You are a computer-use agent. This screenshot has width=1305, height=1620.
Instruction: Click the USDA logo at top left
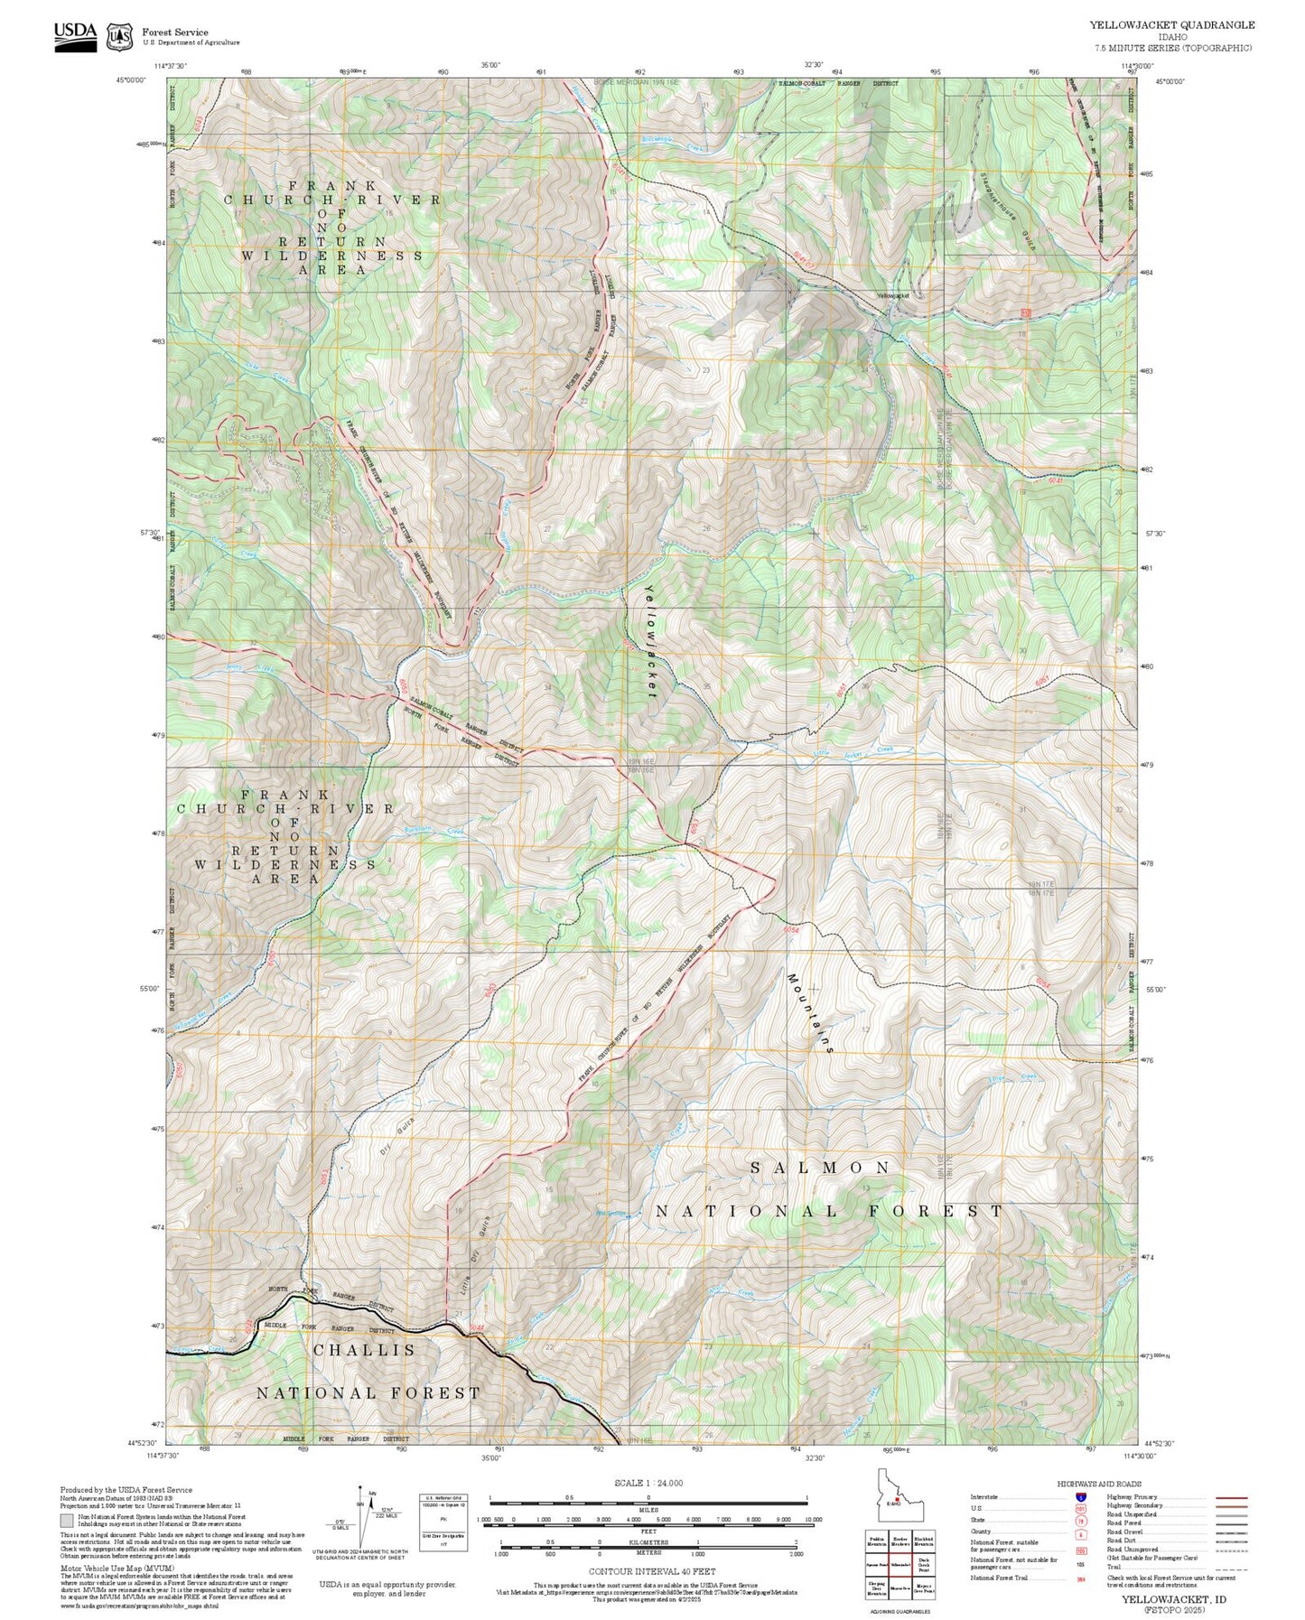tap(75, 35)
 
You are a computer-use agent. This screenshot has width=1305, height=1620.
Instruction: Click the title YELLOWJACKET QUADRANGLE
tap(1171, 25)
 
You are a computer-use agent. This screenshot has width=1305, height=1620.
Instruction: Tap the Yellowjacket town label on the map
tap(891, 295)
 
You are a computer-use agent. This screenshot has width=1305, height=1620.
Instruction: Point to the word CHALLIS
tap(365, 1350)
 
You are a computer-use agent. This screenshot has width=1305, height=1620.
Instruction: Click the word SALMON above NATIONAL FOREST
tap(821, 1168)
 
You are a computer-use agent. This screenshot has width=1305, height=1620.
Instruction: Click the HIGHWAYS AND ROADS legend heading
tap(1099, 1484)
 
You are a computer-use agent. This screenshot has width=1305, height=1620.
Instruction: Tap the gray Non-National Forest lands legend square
tap(68, 1520)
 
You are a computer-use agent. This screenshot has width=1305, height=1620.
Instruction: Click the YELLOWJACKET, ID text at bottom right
tap(1173, 1599)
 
